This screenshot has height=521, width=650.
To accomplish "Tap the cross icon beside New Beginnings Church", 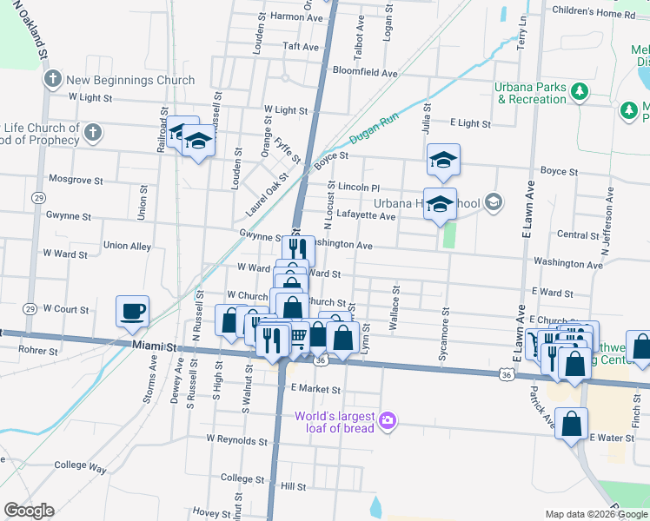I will coord(52,80).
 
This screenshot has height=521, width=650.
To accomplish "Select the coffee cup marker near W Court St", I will coord(133,311).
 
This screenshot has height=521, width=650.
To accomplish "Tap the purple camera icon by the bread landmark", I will coord(388,421).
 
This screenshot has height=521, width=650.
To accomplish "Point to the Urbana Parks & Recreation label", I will coord(531,93).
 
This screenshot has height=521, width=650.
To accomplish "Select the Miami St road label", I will coord(155,346).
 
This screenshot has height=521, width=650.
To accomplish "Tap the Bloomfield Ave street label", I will coord(364,74).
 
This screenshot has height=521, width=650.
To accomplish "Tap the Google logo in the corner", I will coord(29,511).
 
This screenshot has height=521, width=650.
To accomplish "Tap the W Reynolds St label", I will coord(236,440).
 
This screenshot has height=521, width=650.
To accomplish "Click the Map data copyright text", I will coord(595,514).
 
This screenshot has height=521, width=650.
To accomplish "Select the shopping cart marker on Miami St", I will coord(298,335).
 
